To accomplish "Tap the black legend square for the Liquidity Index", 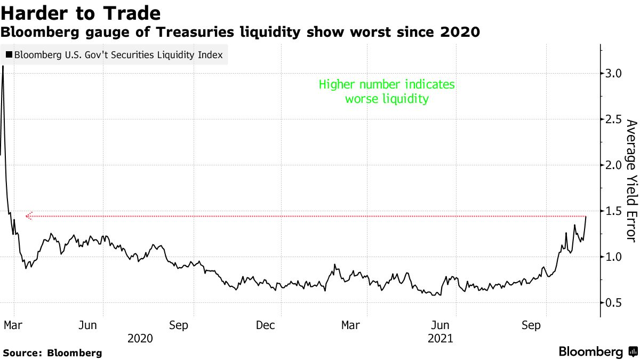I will (9, 54).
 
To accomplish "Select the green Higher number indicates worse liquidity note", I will (387, 92).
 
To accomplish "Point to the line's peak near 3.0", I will (3, 66).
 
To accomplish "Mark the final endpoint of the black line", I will (586, 217).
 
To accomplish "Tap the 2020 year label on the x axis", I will (140, 338).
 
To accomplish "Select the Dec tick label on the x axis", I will (265, 325).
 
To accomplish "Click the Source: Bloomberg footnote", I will (52, 353).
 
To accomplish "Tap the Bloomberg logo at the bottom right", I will (597, 352).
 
